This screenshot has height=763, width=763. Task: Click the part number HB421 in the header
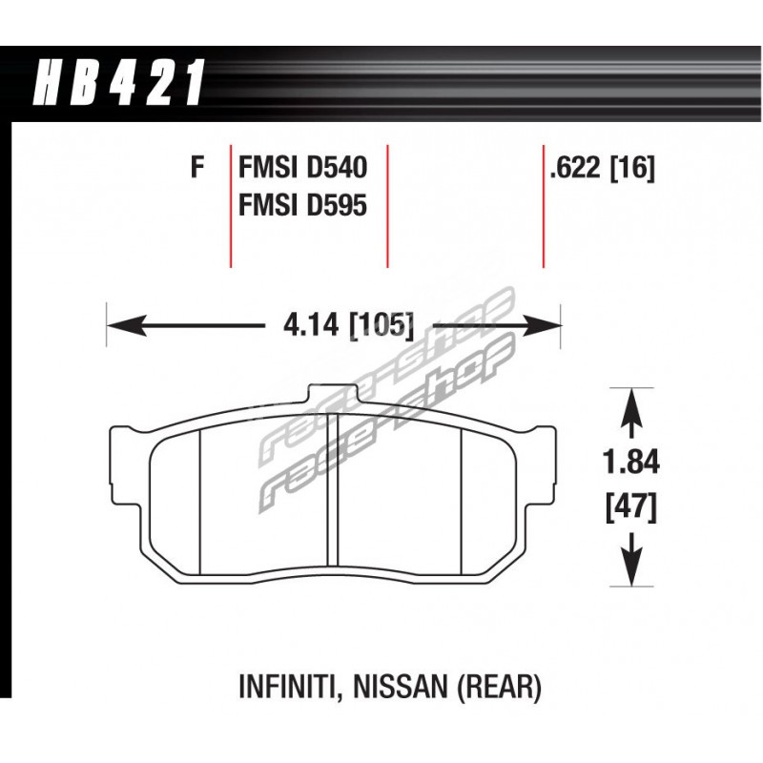click(117, 82)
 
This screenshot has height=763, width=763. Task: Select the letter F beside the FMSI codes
click(197, 167)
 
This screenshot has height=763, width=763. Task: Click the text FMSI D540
click(302, 168)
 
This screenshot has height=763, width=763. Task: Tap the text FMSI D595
click(302, 205)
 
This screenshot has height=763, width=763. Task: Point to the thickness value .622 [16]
click(602, 169)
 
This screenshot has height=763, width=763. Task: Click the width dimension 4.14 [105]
click(348, 324)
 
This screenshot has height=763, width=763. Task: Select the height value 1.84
click(631, 462)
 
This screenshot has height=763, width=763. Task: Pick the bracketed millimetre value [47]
click(631, 507)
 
